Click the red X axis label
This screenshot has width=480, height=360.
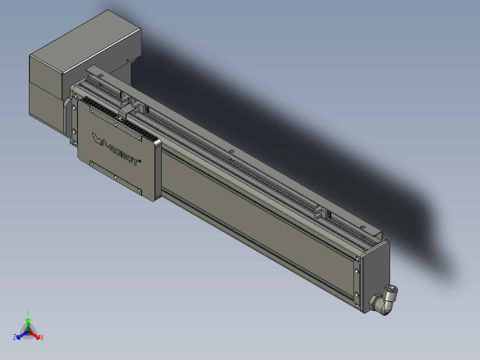click(41, 338)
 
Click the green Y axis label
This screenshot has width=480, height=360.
click(28, 313)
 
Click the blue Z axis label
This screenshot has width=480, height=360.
click(15, 338)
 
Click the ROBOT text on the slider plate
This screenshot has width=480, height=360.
click(124, 154)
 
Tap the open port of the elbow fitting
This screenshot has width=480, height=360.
click(392, 290)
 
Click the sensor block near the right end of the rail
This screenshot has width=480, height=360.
click(321, 213)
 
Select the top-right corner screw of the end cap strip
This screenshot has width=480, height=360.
click(358, 258)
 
